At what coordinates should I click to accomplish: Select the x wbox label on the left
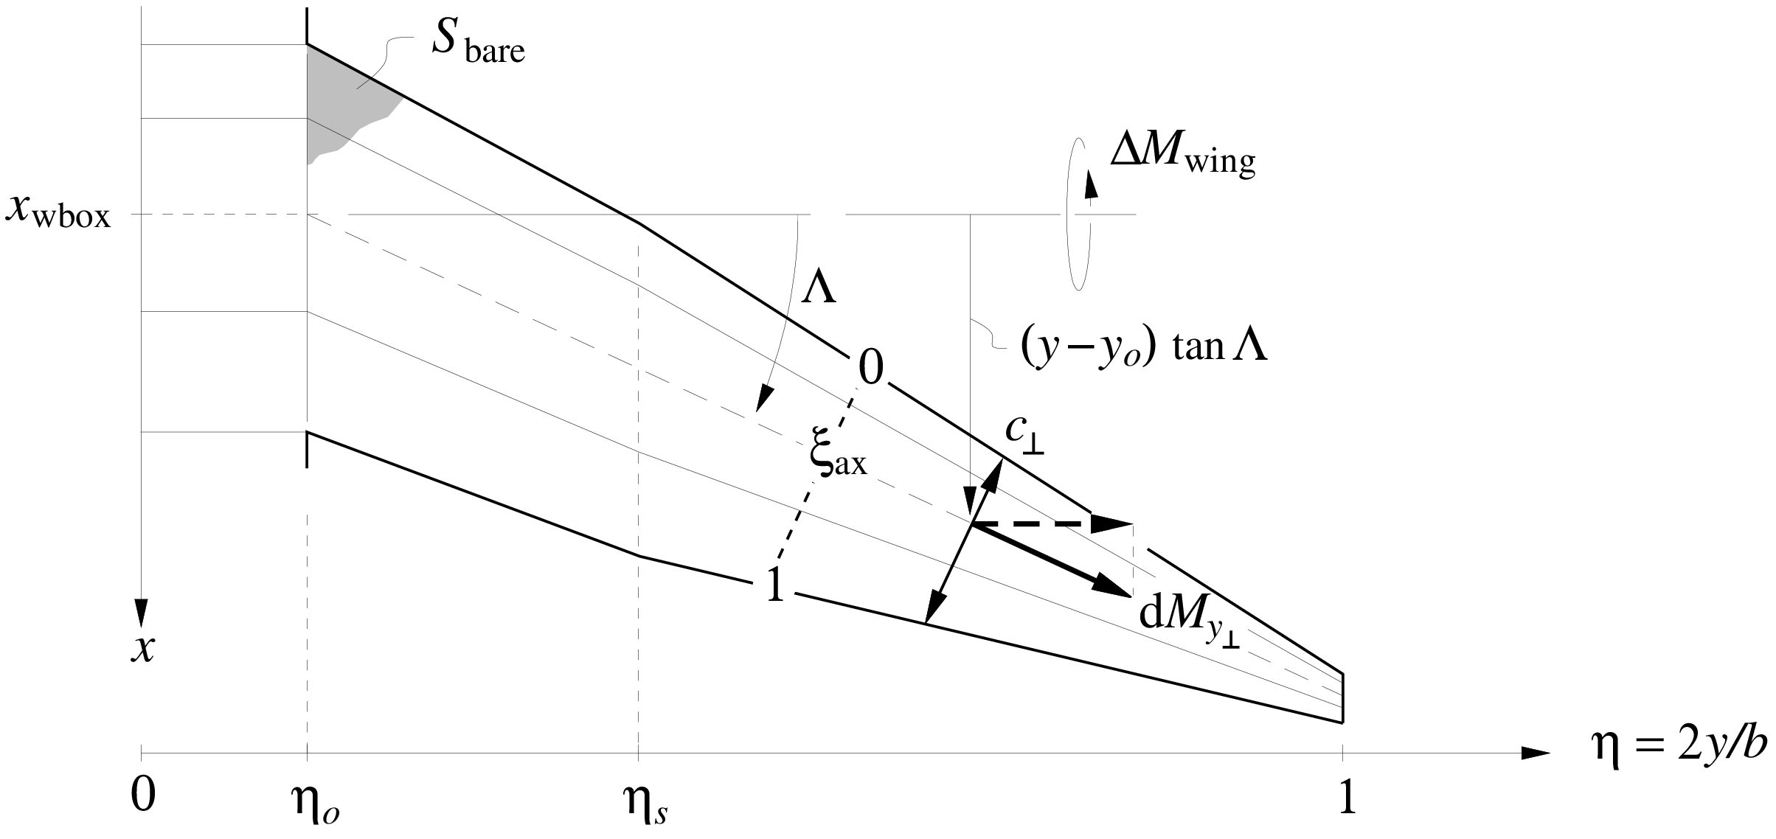point(58,212)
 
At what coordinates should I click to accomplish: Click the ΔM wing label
point(1182,157)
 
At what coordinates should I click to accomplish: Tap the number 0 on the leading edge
point(871,369)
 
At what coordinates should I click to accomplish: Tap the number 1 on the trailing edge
point(775,588)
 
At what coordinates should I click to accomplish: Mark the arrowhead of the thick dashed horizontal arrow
point(1112,524)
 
